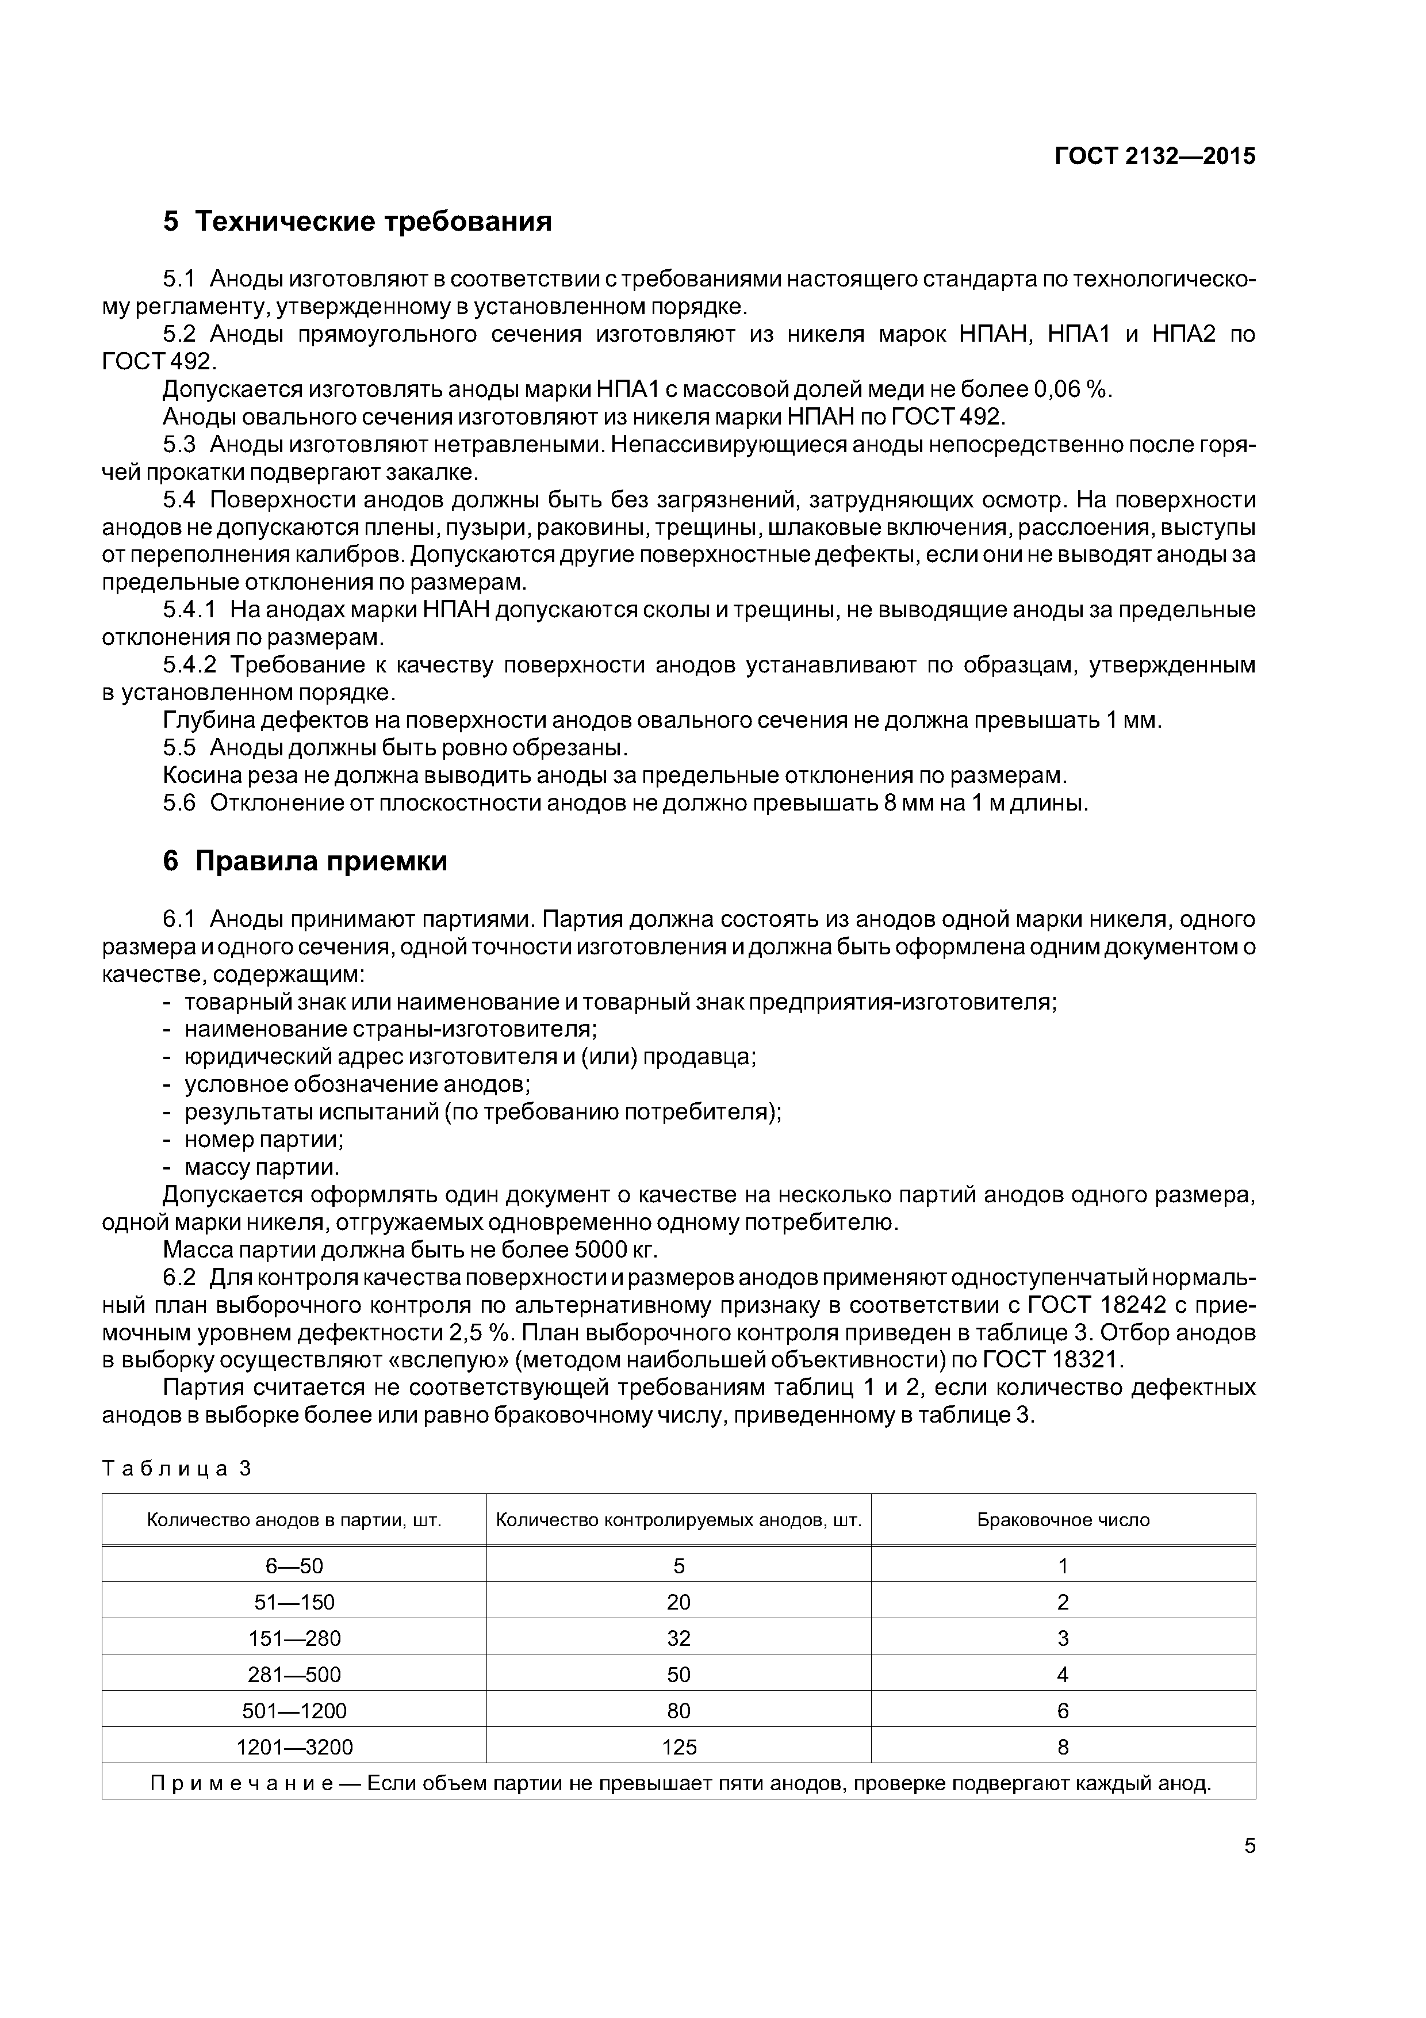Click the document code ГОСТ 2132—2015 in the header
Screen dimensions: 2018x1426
pos(1155,156)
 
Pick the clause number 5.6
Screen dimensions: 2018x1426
pos(179,803)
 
